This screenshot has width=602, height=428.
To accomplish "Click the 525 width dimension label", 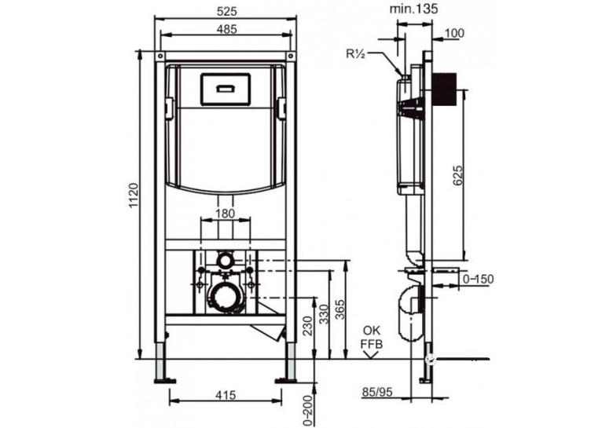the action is [227, 12].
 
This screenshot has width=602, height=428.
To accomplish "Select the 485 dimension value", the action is [227, 29].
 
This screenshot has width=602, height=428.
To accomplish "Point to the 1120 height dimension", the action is [133, 196].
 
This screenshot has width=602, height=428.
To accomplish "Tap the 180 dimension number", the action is [225, 214].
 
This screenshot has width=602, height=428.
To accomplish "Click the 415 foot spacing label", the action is [226, 395].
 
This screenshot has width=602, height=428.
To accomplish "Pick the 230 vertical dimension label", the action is [308, 325].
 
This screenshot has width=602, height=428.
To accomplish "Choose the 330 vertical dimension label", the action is [325, 313].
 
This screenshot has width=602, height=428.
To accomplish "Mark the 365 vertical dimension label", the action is [340, 309].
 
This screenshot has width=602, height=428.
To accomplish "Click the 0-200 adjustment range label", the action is [308, 410].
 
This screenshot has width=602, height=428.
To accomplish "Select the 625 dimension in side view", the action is [458, 175].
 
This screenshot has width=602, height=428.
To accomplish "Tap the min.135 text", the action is [414, 9].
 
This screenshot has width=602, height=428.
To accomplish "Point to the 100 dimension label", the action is [454, 33].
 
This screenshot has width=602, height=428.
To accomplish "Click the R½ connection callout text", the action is [355, 54].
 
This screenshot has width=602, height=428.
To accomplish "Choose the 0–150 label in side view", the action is [478, 279].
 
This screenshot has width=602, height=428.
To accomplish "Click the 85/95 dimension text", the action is [377, 392].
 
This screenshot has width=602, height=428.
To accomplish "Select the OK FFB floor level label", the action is [372, 338].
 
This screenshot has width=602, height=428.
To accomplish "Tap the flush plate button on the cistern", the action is [226, 89].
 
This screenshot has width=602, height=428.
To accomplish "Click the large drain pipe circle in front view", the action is [226, 297].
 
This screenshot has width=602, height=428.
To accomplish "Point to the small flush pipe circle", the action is [225, 261].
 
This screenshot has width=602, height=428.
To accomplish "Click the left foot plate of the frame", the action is [165, 381].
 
